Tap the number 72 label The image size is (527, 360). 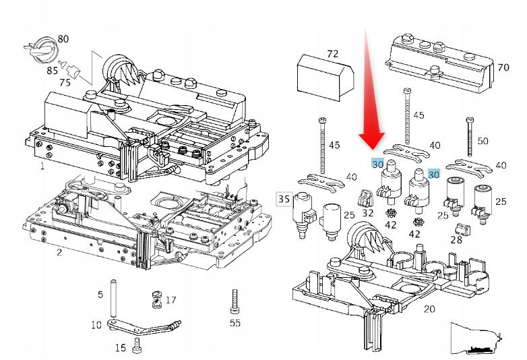click(332, 53)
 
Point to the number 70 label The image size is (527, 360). click(503, 67)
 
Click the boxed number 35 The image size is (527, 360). click(284, 198)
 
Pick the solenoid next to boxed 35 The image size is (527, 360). click(304, 216)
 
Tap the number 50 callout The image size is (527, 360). click(483, 141)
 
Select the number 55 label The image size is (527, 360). click(235, 323)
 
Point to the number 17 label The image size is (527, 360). click(170, 300)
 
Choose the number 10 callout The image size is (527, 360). click(96, 325)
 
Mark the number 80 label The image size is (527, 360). click(63, 38)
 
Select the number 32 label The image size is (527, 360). click(367, 212)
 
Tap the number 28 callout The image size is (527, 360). click(456, 239)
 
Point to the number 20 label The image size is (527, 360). click(429, 309)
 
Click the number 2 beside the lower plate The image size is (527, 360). click(59, 252)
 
